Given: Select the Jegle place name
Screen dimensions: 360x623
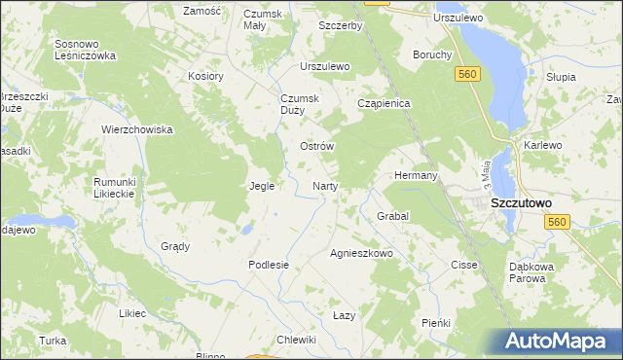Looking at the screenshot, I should point(262,186).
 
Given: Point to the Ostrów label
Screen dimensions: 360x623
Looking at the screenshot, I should point(316,146).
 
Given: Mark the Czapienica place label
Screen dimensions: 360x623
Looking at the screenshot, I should point(385,102).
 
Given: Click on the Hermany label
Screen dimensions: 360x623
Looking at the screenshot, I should point(416,175).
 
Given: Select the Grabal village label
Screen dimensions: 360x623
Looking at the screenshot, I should point(392,215).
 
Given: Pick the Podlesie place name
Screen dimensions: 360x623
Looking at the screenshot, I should point(269,265).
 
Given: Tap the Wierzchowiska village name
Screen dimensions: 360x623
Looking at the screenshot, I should point(137,129).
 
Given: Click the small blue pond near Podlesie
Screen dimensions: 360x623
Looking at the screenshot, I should point(247,230).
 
